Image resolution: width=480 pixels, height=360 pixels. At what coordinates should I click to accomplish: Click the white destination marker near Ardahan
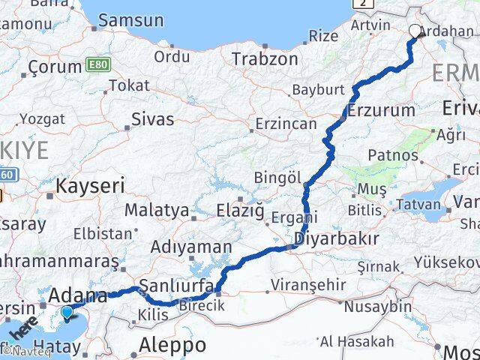click(x=415, y=31)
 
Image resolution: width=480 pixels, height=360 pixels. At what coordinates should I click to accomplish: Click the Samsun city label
click(x=130, y=20)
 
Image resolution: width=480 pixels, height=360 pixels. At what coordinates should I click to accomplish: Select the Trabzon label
click(x=264, y=58)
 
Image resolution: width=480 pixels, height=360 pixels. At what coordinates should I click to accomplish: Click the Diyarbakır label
click(x=336, y=239)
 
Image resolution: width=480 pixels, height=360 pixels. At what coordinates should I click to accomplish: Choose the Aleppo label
click(x=173, y=346)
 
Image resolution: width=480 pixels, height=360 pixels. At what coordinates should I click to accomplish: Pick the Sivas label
click(x=152, y=118)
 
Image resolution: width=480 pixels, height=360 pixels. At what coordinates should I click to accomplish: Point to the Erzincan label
click(x=286, y=124)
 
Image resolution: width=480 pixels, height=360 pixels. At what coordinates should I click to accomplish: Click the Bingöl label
click(x=277, y=178)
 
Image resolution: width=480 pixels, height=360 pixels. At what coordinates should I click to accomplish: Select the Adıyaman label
click(x=190, y=247)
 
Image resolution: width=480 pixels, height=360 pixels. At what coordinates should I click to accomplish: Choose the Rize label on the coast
click(x=323, y=35)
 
